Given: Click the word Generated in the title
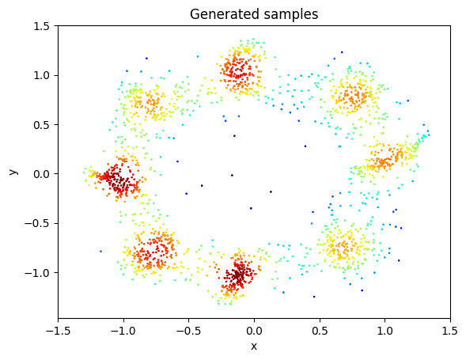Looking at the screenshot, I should click(219, 13).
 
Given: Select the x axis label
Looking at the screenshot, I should click(253, 346).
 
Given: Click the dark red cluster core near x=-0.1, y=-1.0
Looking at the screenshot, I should click(239, 275).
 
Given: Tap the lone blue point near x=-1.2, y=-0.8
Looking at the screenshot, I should click(100, 251).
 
